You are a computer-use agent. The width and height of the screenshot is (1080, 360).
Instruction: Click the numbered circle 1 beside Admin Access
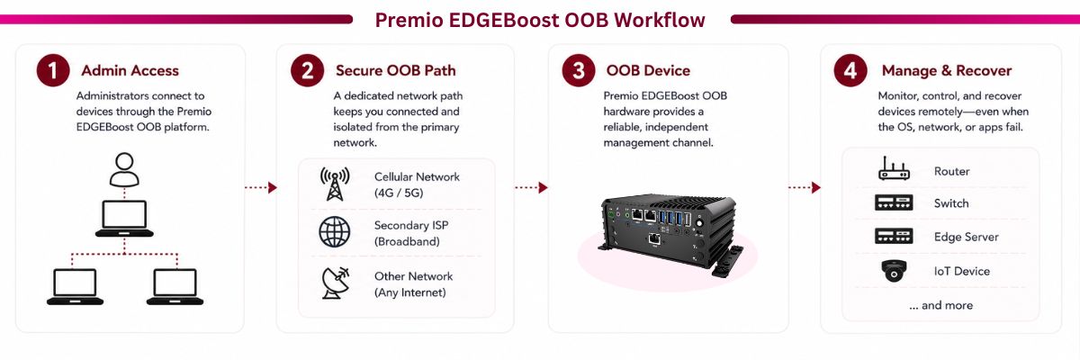click(x=53, y=70)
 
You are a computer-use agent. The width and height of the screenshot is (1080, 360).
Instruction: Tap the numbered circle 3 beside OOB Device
click(x=579, y=70)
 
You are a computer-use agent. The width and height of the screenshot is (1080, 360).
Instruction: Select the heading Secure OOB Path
click(x=395, y=71)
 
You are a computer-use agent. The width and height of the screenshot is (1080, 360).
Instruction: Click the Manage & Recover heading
click(x=947, y=71)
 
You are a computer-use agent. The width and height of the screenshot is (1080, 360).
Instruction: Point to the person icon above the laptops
click(x=124, y=169)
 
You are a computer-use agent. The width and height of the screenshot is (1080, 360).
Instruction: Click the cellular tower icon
click(x=335, y=184)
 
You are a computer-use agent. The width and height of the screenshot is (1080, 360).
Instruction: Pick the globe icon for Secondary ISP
click(x=335, y=232)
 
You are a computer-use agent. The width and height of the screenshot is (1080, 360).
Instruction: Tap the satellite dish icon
click(x=335, y=283)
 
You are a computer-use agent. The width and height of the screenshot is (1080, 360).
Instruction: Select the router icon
click(x=894, y=168)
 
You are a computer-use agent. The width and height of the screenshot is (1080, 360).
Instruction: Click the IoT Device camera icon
click(x=894, y=271)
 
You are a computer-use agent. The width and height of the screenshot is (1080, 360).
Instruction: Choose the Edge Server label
click(x=966, y=237)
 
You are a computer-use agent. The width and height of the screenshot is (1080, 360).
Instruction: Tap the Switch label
click(x=950, y=203)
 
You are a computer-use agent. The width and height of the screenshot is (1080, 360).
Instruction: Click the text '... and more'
click(x=940, y=305)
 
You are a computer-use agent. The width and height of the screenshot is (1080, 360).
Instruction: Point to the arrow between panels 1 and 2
click(x=261, y=187)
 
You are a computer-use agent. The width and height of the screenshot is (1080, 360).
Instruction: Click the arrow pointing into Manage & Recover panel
click(x=805, y=187)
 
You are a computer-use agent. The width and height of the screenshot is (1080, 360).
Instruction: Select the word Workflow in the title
click(x=659, y=20)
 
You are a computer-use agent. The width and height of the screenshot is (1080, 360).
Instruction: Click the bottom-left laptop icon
click(x=75, y=287)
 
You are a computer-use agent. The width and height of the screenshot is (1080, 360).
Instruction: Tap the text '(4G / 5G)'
click(x=399, y=193)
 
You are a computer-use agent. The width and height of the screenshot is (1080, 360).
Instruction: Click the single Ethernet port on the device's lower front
click(x=654, y=239)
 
